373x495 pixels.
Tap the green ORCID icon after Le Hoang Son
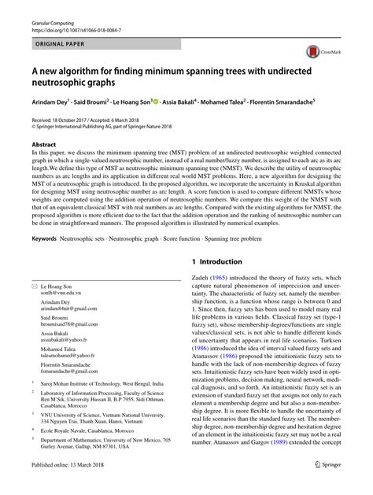[x=157, y=102]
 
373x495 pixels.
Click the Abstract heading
[x=44, y=146]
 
